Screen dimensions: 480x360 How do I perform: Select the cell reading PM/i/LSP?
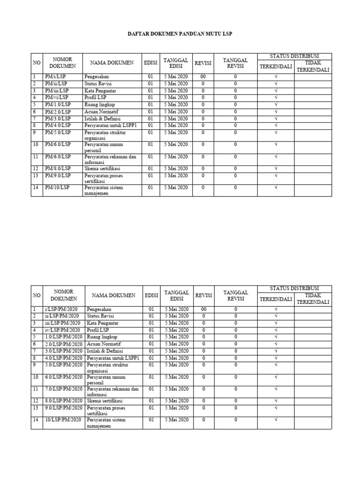[x=55, y=76]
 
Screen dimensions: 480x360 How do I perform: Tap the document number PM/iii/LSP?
[x=57, y=90]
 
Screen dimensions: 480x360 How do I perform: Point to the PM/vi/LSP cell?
[x=56, y=97]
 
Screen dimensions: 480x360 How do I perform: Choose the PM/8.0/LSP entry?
[x=58, y=168]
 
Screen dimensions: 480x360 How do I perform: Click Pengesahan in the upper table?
[x=96, y=76]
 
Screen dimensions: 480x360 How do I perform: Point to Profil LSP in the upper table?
[x=96, y=97]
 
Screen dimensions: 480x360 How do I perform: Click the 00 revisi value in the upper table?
[x=203, y=76]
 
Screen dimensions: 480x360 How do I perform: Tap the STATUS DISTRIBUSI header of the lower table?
[x=294, y=288]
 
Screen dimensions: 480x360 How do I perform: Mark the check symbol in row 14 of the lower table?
[x=276, y=420]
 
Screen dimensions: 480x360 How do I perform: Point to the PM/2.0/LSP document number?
[x=58, y=112]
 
